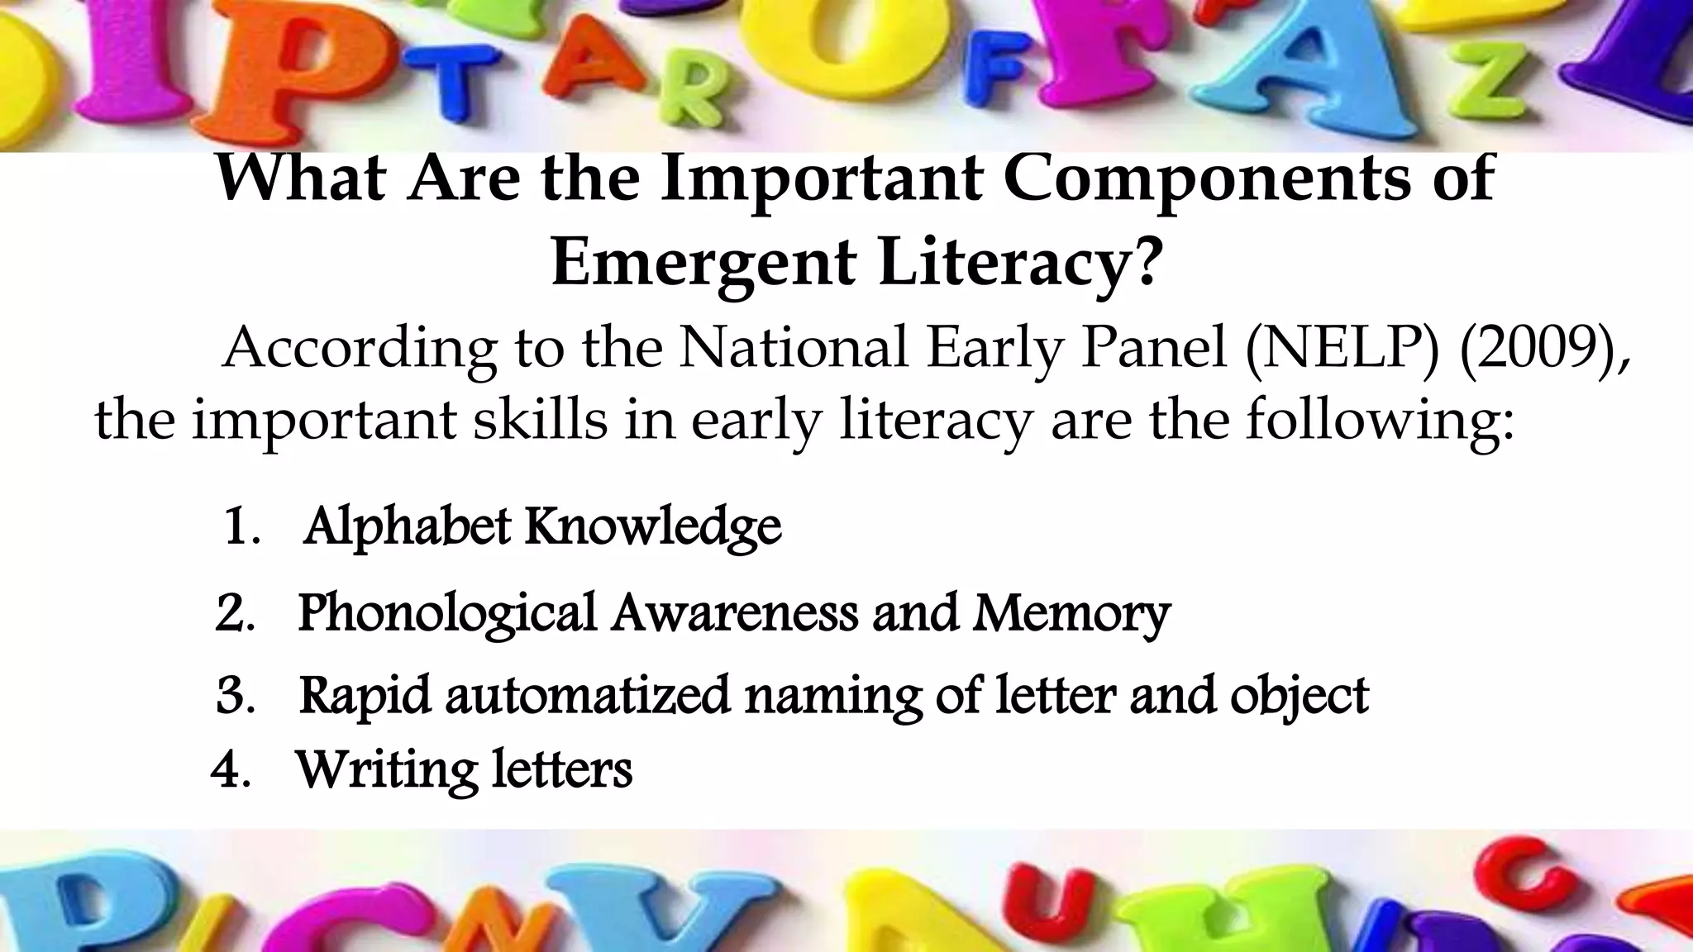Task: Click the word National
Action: pyautogui.click(x=794, y=348)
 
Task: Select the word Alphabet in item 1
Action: pyautogui.click(x=407, y=526)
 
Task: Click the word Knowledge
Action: pyautogui.click(x=653, y=526)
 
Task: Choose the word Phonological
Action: pyautogui.click(x=447, y=614)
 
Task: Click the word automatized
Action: pyautogui.click(x=587, y=696)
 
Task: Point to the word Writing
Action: pyautogui.click(x=385, y=770)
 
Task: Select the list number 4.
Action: pyautogui.click(x=229, y=770)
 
